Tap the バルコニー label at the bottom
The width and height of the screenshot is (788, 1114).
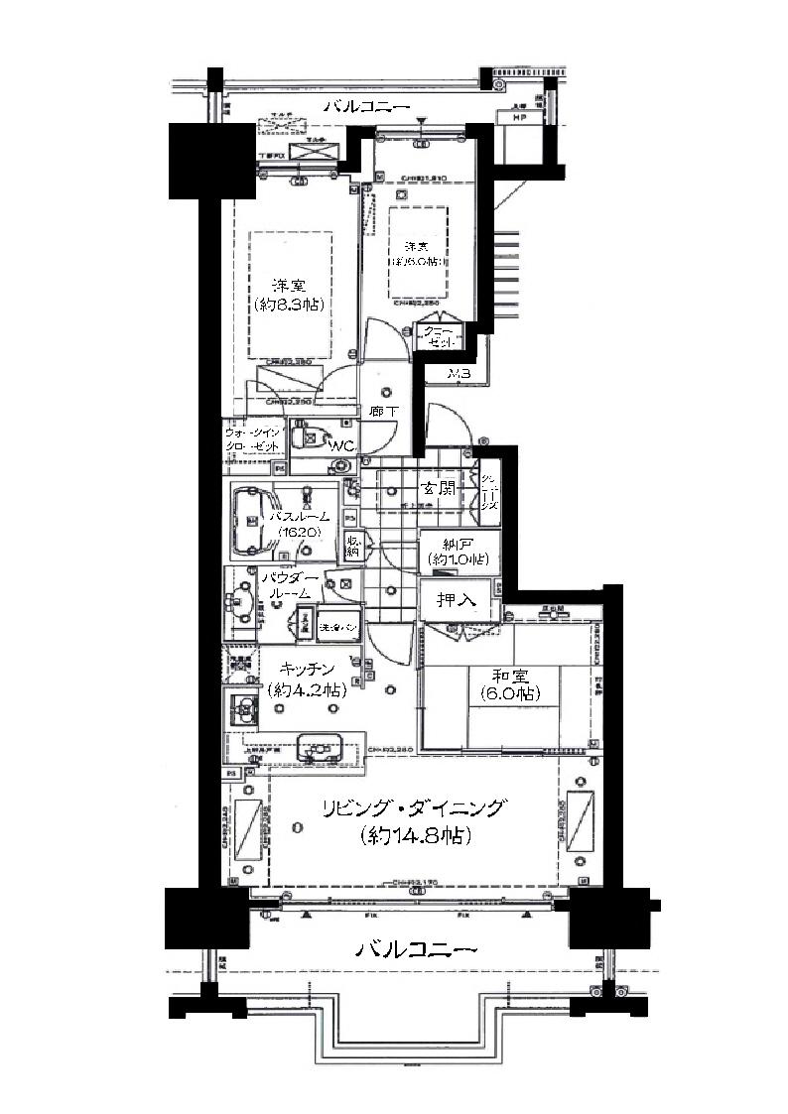coord(417,949)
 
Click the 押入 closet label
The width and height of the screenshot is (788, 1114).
coord(459,600)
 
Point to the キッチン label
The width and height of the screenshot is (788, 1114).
coord(305,669)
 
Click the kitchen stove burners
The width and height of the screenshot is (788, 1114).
coord(241,710)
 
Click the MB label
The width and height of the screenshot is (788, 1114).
coord(458,374)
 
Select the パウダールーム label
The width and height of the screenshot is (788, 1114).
coord(290,584)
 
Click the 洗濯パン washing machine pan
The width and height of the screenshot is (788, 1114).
coord(330,628)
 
